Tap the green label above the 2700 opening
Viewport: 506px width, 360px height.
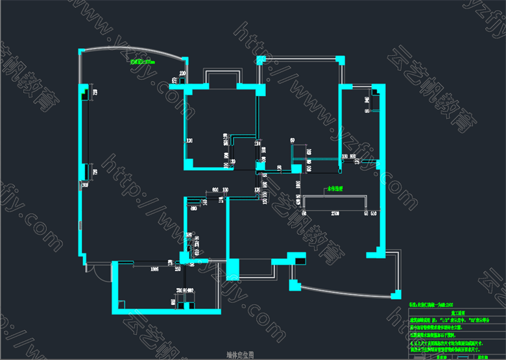335,189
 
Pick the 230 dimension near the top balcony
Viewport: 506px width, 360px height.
182,73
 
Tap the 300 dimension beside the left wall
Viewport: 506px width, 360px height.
84,185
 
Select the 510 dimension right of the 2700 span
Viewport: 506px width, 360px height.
374,212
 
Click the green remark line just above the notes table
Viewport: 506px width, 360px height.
434,304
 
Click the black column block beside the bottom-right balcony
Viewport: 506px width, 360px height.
301,259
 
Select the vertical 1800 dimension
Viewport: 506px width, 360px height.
298,185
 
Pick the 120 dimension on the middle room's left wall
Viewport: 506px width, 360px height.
190,140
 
